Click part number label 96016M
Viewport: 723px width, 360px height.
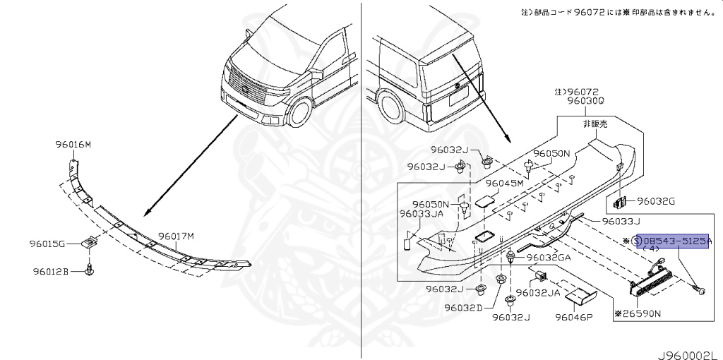tap(73, 145)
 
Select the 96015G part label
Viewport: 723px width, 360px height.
tap(47, 244)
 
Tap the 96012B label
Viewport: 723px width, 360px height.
tap(49, 271)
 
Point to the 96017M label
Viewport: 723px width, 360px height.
tap(176, 236)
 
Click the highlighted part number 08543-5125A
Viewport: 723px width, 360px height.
tap(676, 241)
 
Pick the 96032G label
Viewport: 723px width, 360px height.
tap(656, 201)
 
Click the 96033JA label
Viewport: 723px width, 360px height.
tap(421, 214)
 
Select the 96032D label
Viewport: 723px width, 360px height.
tap(462, 307)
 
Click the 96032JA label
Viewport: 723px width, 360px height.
tap(537, 292)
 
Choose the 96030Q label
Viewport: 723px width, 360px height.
tap(585, 101)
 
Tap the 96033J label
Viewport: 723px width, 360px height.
tap(621, 221)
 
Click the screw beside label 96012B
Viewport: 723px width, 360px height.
tap(89, 270)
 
